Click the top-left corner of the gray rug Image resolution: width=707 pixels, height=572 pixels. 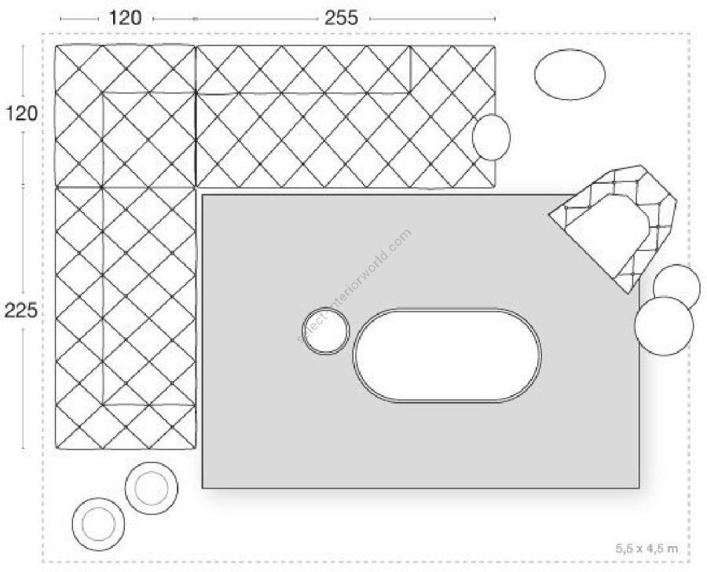203,195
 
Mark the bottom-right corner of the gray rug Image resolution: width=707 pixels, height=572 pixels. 639,488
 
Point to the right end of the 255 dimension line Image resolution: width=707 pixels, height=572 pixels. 495,19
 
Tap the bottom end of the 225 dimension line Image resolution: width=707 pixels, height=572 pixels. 23,449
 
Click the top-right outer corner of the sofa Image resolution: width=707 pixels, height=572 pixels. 495,46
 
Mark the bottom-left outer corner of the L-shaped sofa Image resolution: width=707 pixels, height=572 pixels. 56,449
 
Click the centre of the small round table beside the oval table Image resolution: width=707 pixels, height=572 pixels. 325,331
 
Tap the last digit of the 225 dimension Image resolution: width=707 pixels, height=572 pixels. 31,310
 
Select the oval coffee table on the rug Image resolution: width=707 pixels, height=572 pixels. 447,355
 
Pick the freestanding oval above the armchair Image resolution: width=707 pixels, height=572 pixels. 570,75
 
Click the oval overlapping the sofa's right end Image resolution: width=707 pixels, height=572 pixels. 492,137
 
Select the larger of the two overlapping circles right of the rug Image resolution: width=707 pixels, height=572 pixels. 664,326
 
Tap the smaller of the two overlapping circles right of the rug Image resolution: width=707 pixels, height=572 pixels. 676,285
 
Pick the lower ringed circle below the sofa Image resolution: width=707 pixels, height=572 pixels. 98,524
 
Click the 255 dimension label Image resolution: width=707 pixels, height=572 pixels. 342,18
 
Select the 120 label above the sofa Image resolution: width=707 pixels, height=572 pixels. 125,18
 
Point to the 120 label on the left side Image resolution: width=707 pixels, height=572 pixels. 21,113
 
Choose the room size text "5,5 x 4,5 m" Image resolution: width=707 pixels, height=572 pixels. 647,548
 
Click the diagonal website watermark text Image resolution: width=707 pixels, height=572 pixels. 354,287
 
